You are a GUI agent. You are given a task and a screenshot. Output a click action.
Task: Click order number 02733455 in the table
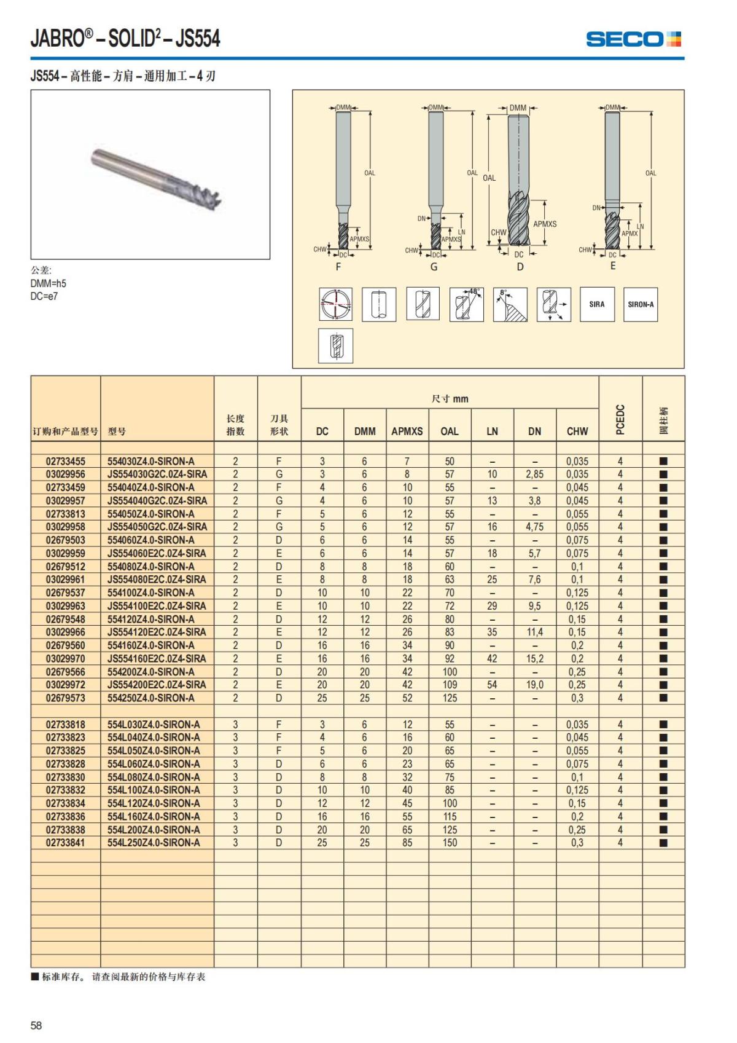[66, 461]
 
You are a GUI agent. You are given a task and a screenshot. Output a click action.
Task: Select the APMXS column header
[407, 431]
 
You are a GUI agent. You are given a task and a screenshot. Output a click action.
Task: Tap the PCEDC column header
[620, 419]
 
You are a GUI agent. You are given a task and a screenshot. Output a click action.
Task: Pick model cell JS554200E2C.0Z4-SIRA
[157, 685]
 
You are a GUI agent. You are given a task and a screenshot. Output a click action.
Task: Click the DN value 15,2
[534, 659]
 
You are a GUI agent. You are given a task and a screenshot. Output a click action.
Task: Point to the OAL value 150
[450, 843]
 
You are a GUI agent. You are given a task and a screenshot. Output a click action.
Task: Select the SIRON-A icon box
[641, 304]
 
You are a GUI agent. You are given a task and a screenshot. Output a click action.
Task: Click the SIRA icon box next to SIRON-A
[597, 304]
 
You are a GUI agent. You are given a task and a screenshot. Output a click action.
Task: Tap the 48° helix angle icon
[466, 304]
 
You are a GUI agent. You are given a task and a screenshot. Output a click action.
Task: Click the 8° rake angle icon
[510, 304]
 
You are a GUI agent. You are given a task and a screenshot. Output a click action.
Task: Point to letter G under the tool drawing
[434, 267]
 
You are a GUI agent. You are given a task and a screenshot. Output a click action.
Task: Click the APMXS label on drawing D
[544, 224]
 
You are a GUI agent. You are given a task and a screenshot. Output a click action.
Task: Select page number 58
[36, 1025]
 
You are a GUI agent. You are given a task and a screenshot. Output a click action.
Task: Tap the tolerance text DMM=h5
[48, 283]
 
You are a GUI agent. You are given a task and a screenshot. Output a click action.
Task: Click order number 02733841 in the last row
[66, 843]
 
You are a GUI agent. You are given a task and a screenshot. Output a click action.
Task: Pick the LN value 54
[492, 685]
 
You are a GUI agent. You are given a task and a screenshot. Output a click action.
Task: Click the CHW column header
[577, 431]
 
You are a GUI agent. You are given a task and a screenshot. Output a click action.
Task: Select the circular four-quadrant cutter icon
[335, 304]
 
